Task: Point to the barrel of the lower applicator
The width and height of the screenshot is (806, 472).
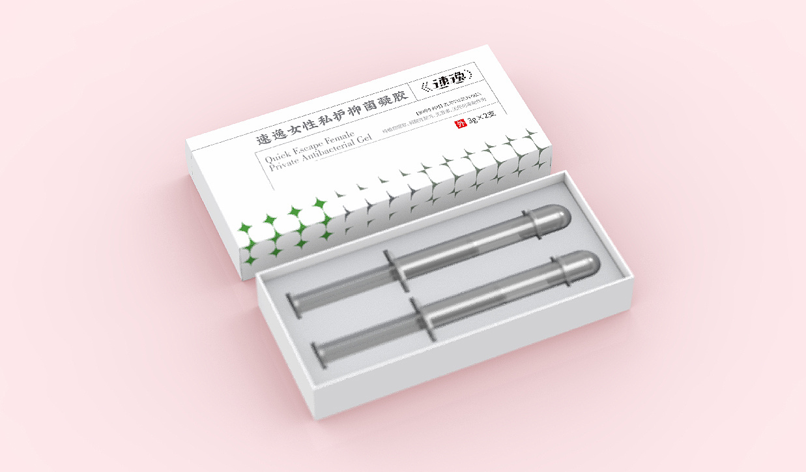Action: pyautogui.click(x=495, y=291)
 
